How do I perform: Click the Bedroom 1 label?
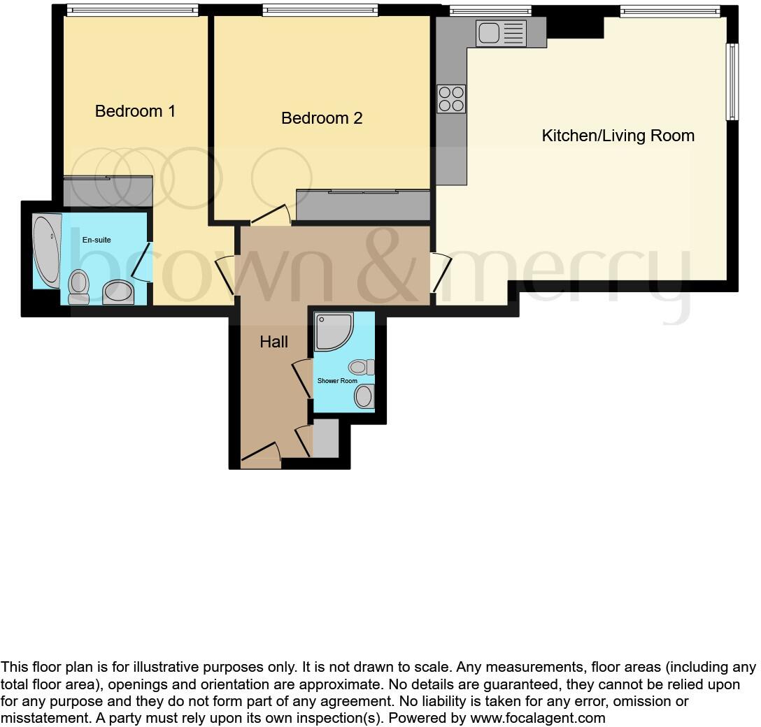[x=135, y=111]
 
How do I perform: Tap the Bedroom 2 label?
[x=322, y=118]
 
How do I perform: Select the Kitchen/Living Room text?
[x=618, y=136]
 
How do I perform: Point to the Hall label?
[x=273, y=342]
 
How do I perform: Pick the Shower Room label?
[x=337, y=381]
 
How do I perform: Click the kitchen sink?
[x=501, y=33]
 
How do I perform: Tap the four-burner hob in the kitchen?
[x=451, y=99]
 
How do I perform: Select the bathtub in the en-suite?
[x=47, y=252]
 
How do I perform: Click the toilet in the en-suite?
[x=79, y=287]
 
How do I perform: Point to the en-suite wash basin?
[x=118, y=292]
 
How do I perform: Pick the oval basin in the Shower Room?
[x=364, y=397]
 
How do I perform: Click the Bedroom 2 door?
[x=271, y=213]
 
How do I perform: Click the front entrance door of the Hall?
[x=260, y=454]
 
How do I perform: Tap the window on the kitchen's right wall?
[x=732, y=82]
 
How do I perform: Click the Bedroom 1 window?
[x=132, y=10]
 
